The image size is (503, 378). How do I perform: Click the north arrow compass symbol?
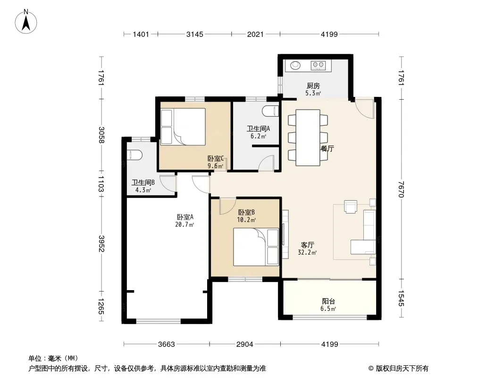click(26, 22)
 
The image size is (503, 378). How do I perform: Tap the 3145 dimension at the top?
click(195, 34)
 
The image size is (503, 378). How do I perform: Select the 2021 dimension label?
click(255, 34)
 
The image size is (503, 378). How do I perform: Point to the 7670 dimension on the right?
click(401, 189)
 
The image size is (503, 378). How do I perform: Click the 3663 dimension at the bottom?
click(167, 344)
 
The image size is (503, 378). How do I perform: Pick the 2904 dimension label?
click(245, 344)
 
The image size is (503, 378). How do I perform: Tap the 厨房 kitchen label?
click(313, 86)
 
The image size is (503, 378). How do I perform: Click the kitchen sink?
click(295, 66)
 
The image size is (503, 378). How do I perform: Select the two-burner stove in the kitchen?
click(318, 66)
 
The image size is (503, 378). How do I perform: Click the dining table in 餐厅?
click(308, 137)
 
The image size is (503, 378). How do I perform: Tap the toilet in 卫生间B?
click(134, 155)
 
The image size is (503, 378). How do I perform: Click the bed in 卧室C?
click(183, 127)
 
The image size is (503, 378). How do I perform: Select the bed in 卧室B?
click(256, 247)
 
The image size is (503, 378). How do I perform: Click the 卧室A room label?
click(185, 217)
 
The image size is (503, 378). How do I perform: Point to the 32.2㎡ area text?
click(307, 252)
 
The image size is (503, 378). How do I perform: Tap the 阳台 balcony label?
click(328, 301)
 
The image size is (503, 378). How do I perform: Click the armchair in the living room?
click(351, 206)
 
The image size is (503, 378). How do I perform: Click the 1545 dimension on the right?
click(401, 298)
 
